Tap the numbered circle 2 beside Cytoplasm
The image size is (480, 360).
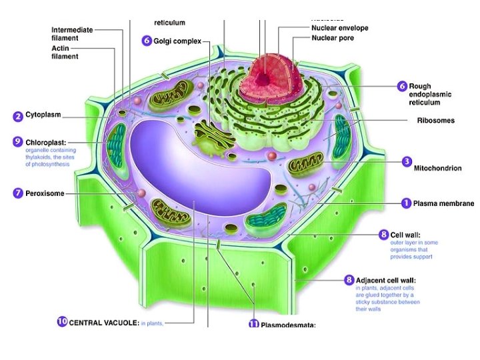pyautogui.click(x=18, y=116)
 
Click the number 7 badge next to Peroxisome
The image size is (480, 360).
pyautogui.click(x=18, y=193)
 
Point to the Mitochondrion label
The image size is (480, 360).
pyautogui.click(x=437, y=168)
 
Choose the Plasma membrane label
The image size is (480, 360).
pyautogui.click(x=443, y=203)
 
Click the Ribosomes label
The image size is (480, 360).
pyautogui.click(x=435, y=121)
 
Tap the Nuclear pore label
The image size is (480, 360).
pyautogui.click(x=333, y=38)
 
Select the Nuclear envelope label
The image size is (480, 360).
pyautogui.click(x=339, y=28)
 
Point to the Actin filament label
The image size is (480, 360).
pyautogui.click(x=65, y=52)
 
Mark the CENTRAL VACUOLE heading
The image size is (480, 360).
pyautogui.click(x=103, y=323)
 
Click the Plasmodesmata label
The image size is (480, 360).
pyautogui.click(x=287, y=325)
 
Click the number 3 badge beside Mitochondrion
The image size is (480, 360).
pyautogui.click(x=406, y=161)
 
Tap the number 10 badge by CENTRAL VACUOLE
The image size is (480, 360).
pyautogui.click(x=62, y=322)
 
